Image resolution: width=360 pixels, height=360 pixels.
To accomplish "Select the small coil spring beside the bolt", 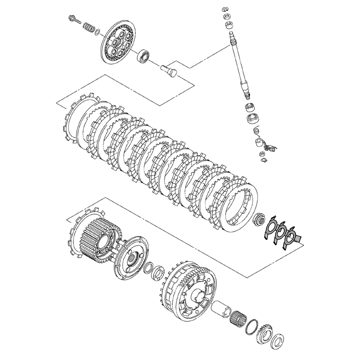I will pos(89,27).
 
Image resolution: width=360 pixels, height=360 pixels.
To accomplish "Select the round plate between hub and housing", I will pos(132,257).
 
